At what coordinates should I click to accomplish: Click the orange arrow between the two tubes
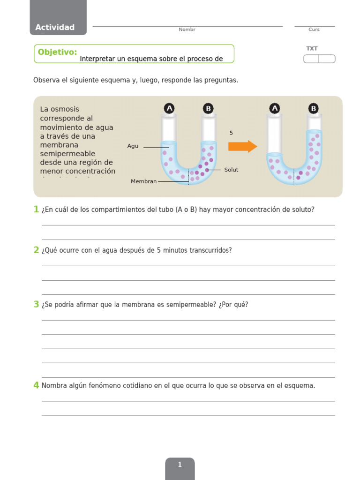tap(242, 146)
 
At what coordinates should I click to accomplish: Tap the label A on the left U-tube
tap(169, 109)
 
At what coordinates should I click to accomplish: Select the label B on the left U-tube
tap(208, 109)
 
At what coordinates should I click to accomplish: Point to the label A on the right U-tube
tap(275, 109)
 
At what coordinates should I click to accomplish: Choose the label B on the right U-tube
tap(314, 109)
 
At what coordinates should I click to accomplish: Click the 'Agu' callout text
tap(133, 146)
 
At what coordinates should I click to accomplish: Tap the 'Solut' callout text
tap(231, 170)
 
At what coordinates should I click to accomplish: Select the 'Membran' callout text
tap(143, 181)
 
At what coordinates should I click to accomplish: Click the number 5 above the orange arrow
tap(231, 133)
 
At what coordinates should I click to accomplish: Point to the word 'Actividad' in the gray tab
tap(55, 27)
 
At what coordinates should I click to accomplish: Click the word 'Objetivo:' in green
tap(57, 52)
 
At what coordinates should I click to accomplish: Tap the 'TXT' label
tap(312, 48)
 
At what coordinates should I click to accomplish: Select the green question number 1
tap(36, 210)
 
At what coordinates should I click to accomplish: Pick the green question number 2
tap(36, 250)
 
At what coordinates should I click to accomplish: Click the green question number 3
tap(36, 305)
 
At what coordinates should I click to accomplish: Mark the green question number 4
tap(36, 386)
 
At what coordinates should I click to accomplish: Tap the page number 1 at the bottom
tap(180, 465)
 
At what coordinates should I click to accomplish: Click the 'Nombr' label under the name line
tap(187, 30)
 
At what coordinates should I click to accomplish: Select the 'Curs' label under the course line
tap(314, 30)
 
